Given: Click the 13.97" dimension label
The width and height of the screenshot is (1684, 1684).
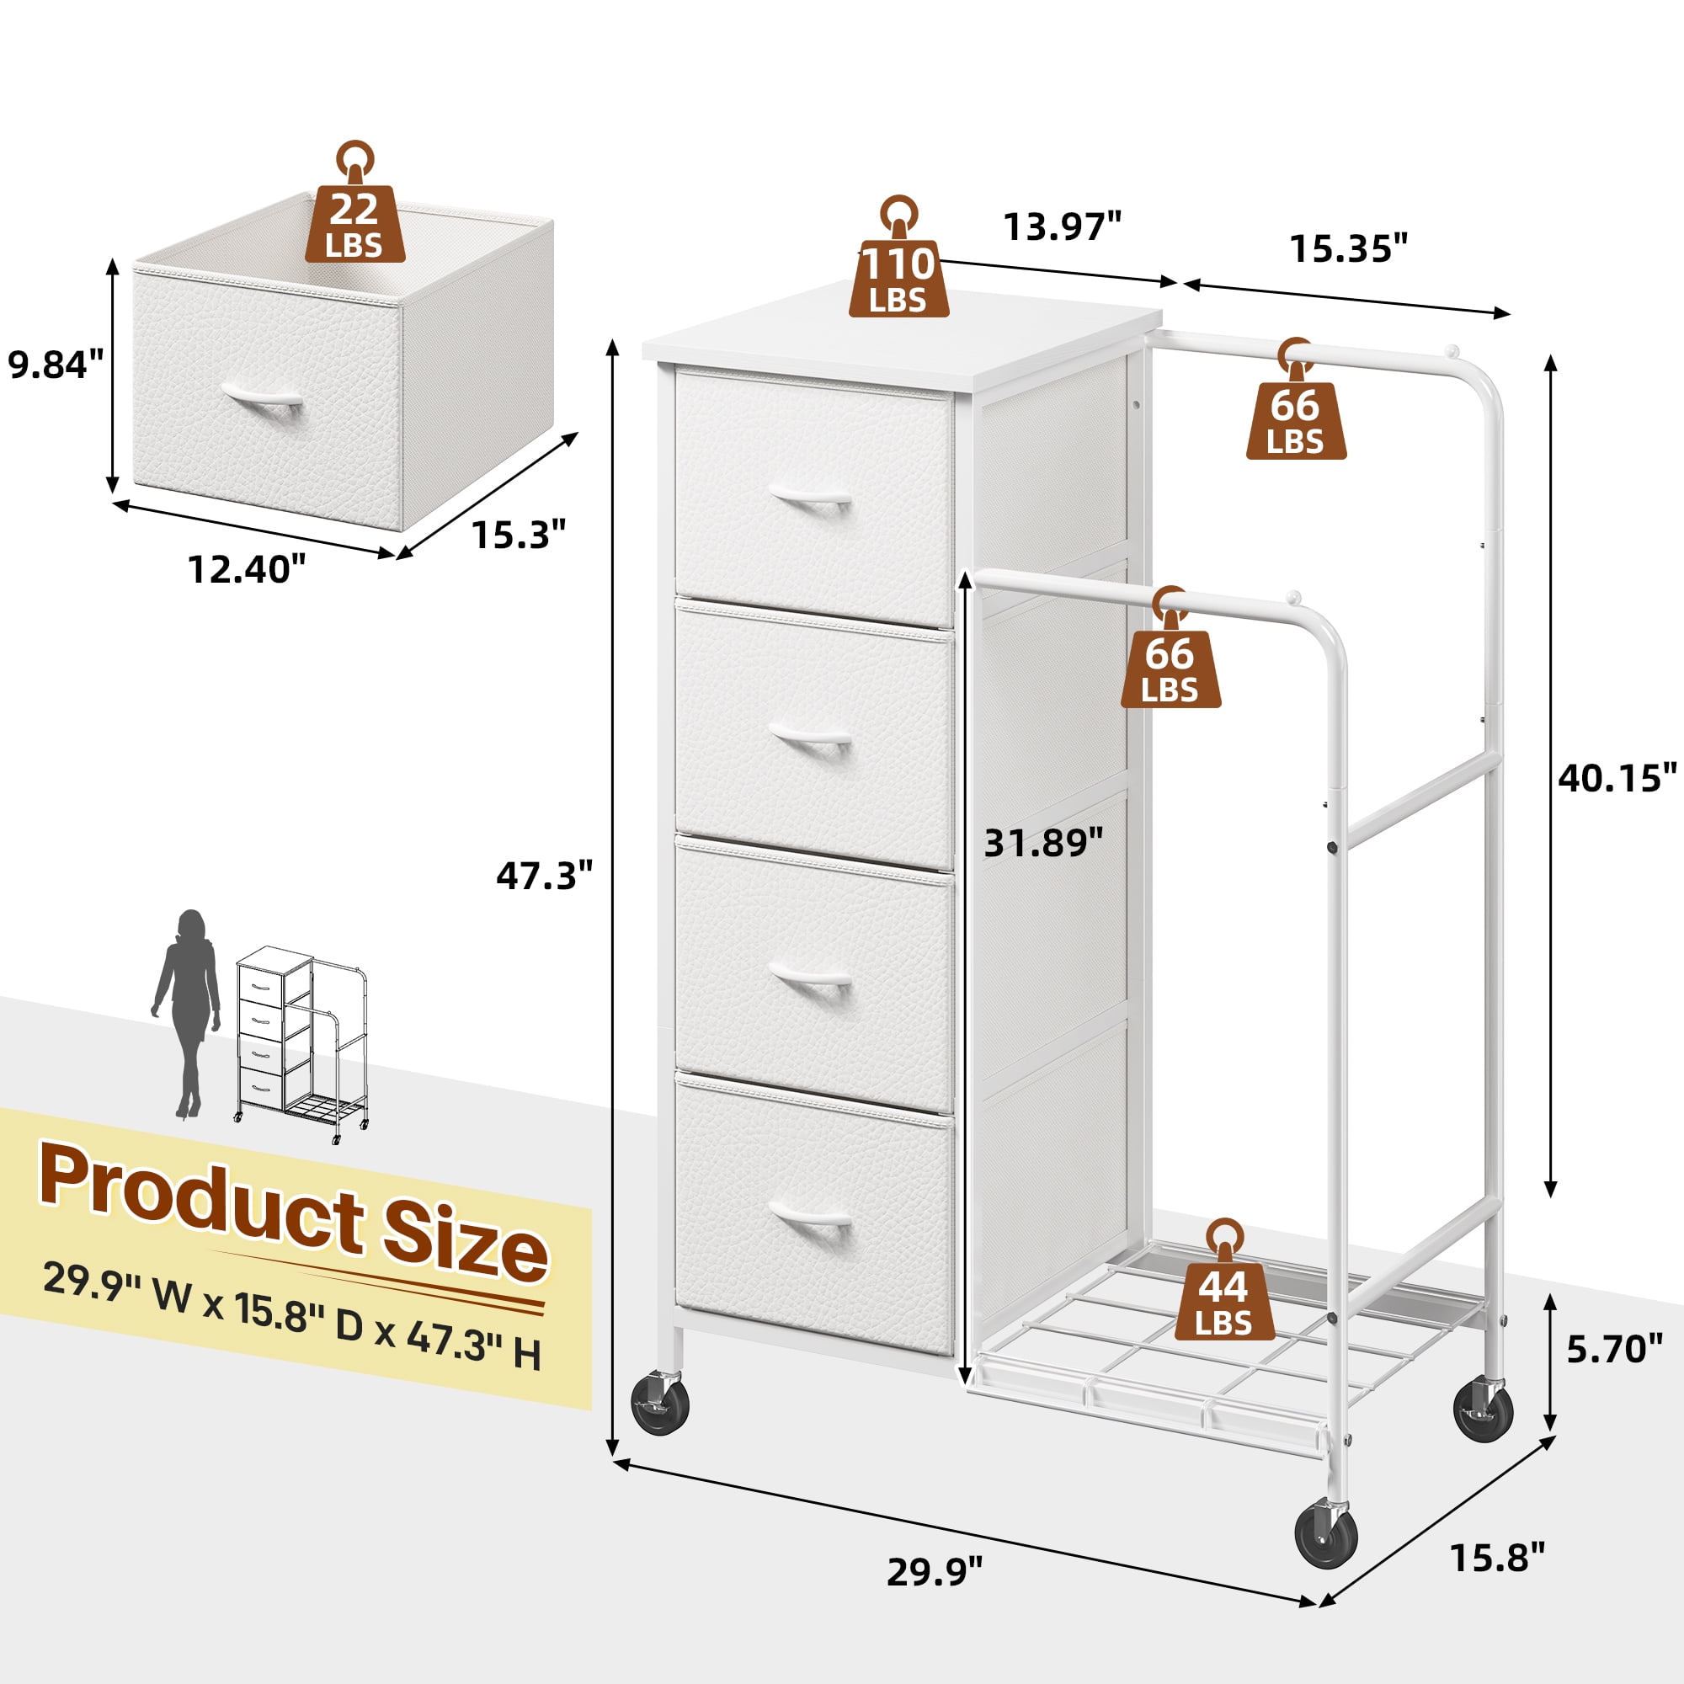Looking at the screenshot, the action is coord(1063,226).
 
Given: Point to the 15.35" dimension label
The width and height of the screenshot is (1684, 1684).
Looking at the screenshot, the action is coord(1348,249).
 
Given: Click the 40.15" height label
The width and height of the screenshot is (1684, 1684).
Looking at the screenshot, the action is coord(1617,777).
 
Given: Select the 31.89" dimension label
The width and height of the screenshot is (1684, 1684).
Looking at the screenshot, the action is coord(1043,843).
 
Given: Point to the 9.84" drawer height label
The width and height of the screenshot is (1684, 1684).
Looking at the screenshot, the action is coord(56,364).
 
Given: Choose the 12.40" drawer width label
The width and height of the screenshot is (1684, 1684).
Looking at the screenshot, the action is coord(248,570).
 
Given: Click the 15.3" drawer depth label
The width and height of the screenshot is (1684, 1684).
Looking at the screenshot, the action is coord(520,534).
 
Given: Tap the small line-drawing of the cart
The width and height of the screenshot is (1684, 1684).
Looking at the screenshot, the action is coord(301,1044).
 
